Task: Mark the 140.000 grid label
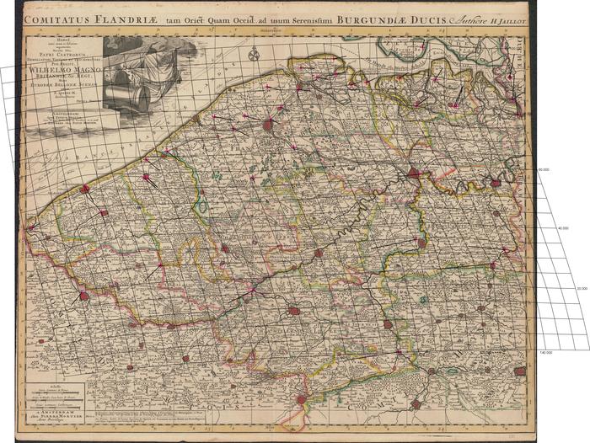tap(545, 352)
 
